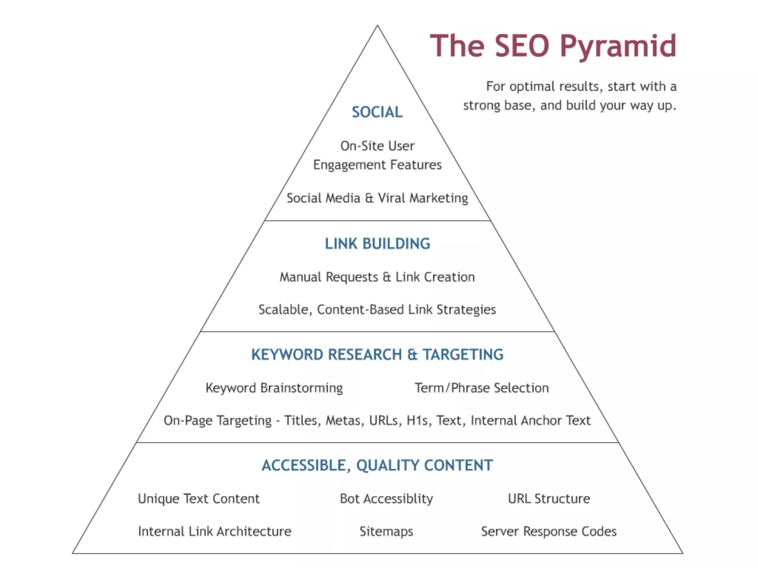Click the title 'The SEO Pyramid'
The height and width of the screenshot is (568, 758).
(553, 46)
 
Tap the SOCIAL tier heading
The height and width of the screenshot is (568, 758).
(377, 112)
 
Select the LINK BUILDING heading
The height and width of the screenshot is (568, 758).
(378, 244)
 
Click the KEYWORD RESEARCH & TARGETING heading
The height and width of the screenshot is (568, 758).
(377, 354)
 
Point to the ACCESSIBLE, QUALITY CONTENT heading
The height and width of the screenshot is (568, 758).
(377, 465)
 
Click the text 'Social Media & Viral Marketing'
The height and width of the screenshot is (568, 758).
(377, 198)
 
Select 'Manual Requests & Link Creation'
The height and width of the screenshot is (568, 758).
(377, 277)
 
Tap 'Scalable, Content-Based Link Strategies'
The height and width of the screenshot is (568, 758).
(377, 310)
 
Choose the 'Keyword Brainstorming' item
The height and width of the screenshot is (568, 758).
(274, 388)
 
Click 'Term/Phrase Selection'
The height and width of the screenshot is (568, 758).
(482, 388)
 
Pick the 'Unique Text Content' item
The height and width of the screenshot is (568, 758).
(199, 499)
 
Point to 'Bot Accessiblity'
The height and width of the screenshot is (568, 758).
(386, 499)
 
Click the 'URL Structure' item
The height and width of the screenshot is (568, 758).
(549, 499)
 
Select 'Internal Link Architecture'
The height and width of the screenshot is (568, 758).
(215, 531)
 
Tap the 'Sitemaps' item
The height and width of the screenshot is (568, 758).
(386, 531)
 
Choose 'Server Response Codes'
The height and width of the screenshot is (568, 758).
(549, 531)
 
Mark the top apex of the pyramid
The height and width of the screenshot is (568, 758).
(377, 26)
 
